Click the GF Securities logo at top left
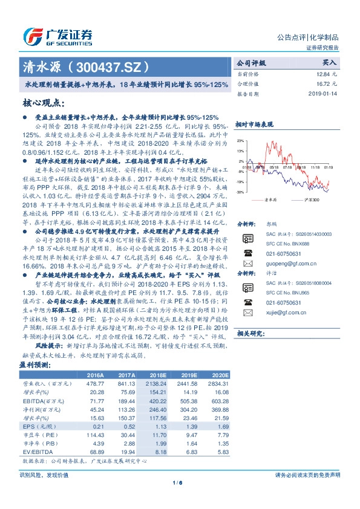pos(57,36)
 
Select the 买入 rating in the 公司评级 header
pos(329,62)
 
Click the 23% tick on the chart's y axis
pos(241,141)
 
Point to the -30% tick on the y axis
pos(240,192)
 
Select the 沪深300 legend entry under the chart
pos(311,199)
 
